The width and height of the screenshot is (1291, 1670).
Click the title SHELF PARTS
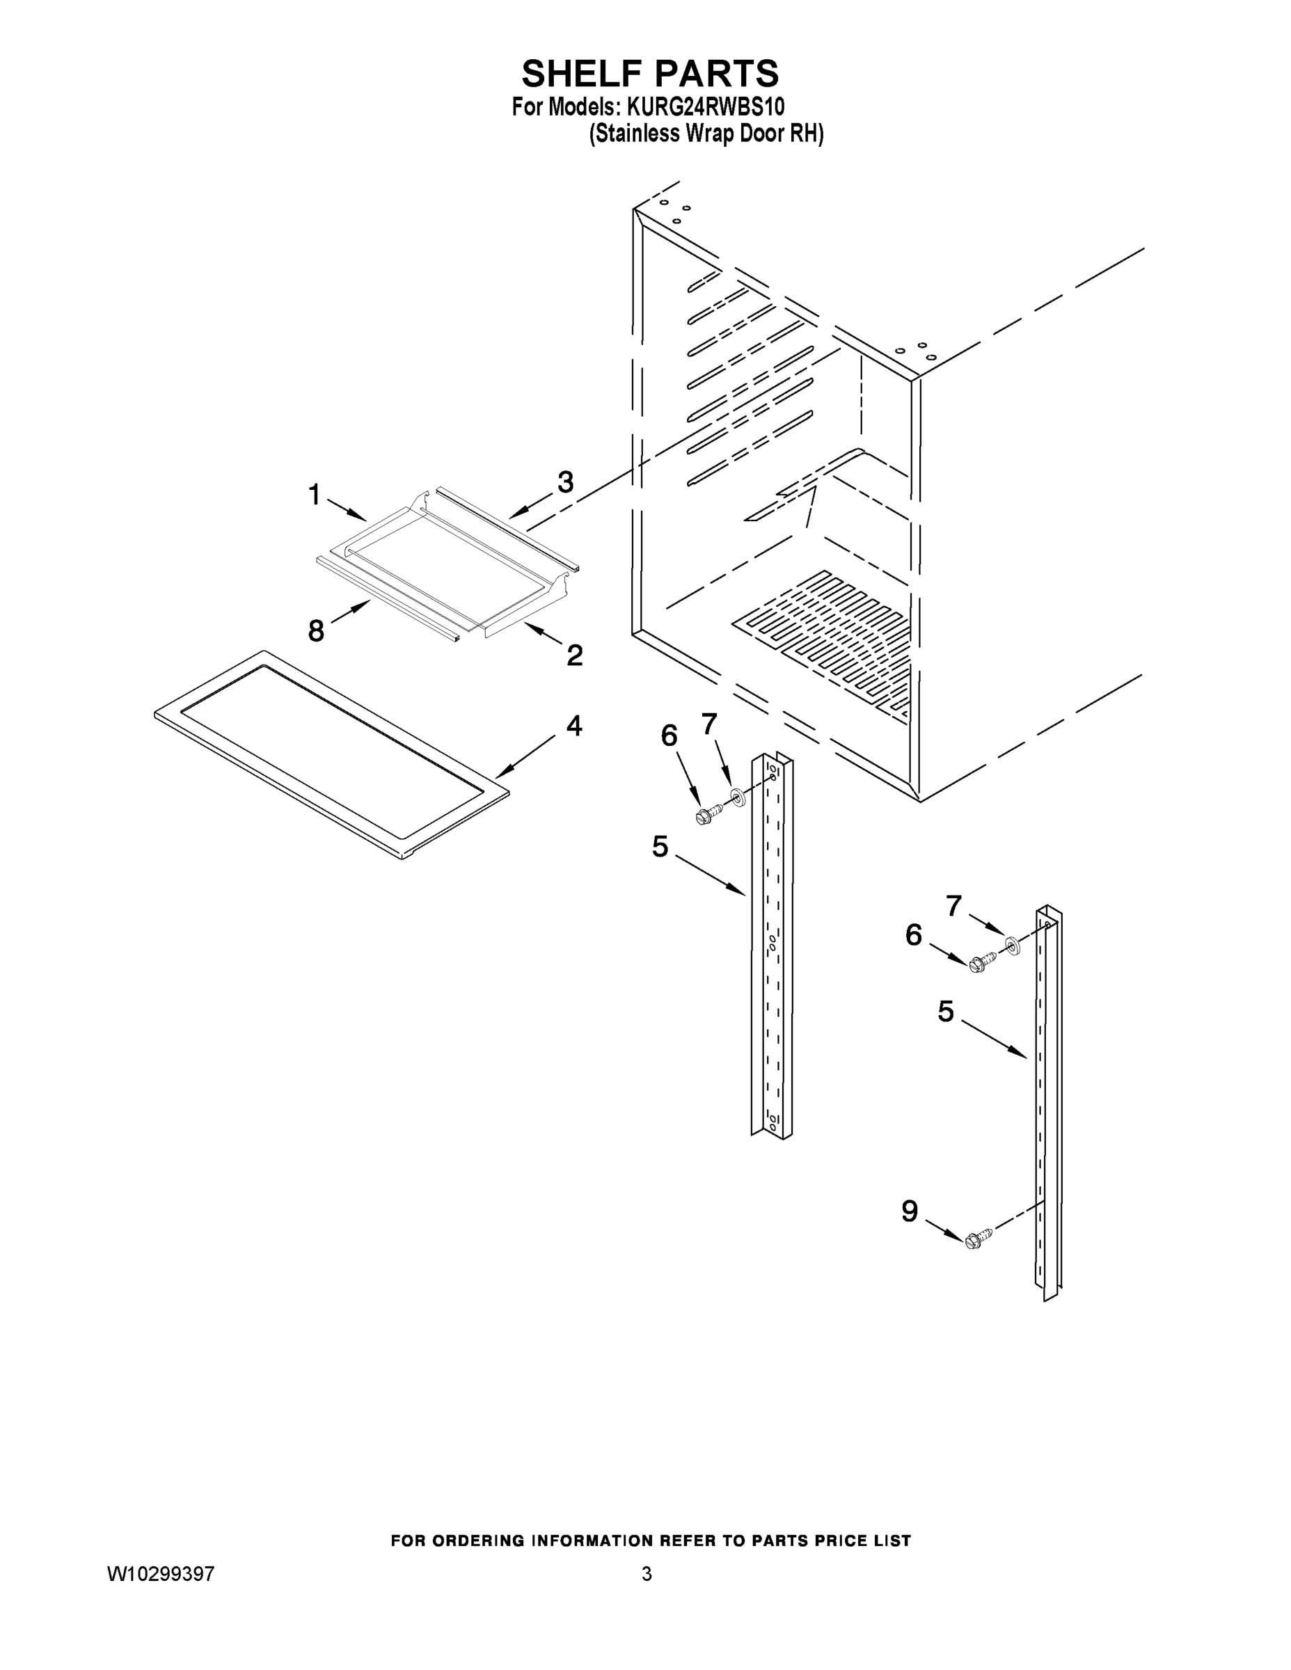pyautogui.click(x=650, y=74)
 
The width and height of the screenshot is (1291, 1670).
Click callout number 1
pyautogui.click(x=314, y=495)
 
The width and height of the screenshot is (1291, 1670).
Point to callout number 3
pyautogui.click(x=565, y=482)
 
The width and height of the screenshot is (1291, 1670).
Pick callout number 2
pyautogui.click(x=574, y=655)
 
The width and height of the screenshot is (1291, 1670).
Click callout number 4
pyautogui.click(x=573, y=725)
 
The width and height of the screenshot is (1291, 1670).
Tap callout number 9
pyautogui.click(x=910, y=1211)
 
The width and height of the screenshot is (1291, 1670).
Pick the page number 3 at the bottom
pyautogui.click(x=647, y=1574)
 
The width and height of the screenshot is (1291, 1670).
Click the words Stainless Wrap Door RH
pyautogui.click(x=706, y=134)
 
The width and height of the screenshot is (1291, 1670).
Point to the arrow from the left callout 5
pyautogui.click(x=711, y=875)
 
